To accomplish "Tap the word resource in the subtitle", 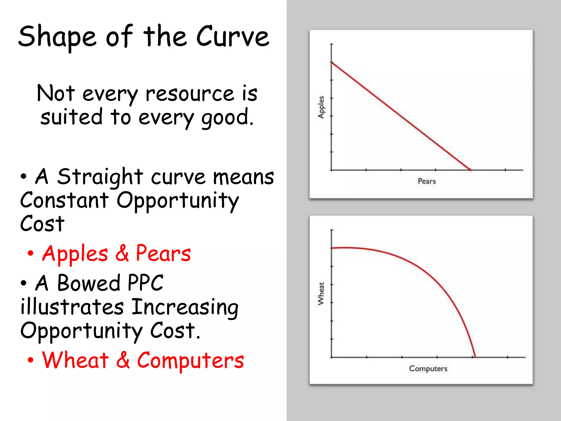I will (190, 94).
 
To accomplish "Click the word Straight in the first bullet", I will (100, 177).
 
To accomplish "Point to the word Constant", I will (64, 200).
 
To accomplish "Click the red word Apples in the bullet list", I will (75, 254).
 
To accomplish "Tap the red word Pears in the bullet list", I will (163, 253).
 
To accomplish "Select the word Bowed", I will (88, 283).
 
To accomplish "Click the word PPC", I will (145, 283).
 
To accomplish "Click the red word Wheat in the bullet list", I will (75, 360).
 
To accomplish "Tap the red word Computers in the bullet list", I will (190, 361).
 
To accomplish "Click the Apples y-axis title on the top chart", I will (321, 107).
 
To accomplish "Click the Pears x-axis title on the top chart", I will (427, 181).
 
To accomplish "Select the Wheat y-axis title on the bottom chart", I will (321, 294).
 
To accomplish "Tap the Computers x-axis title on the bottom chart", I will (428, 368).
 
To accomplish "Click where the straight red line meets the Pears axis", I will (470, 170).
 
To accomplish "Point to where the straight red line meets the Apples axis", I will (332, 62).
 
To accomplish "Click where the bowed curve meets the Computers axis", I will (475, 357).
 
